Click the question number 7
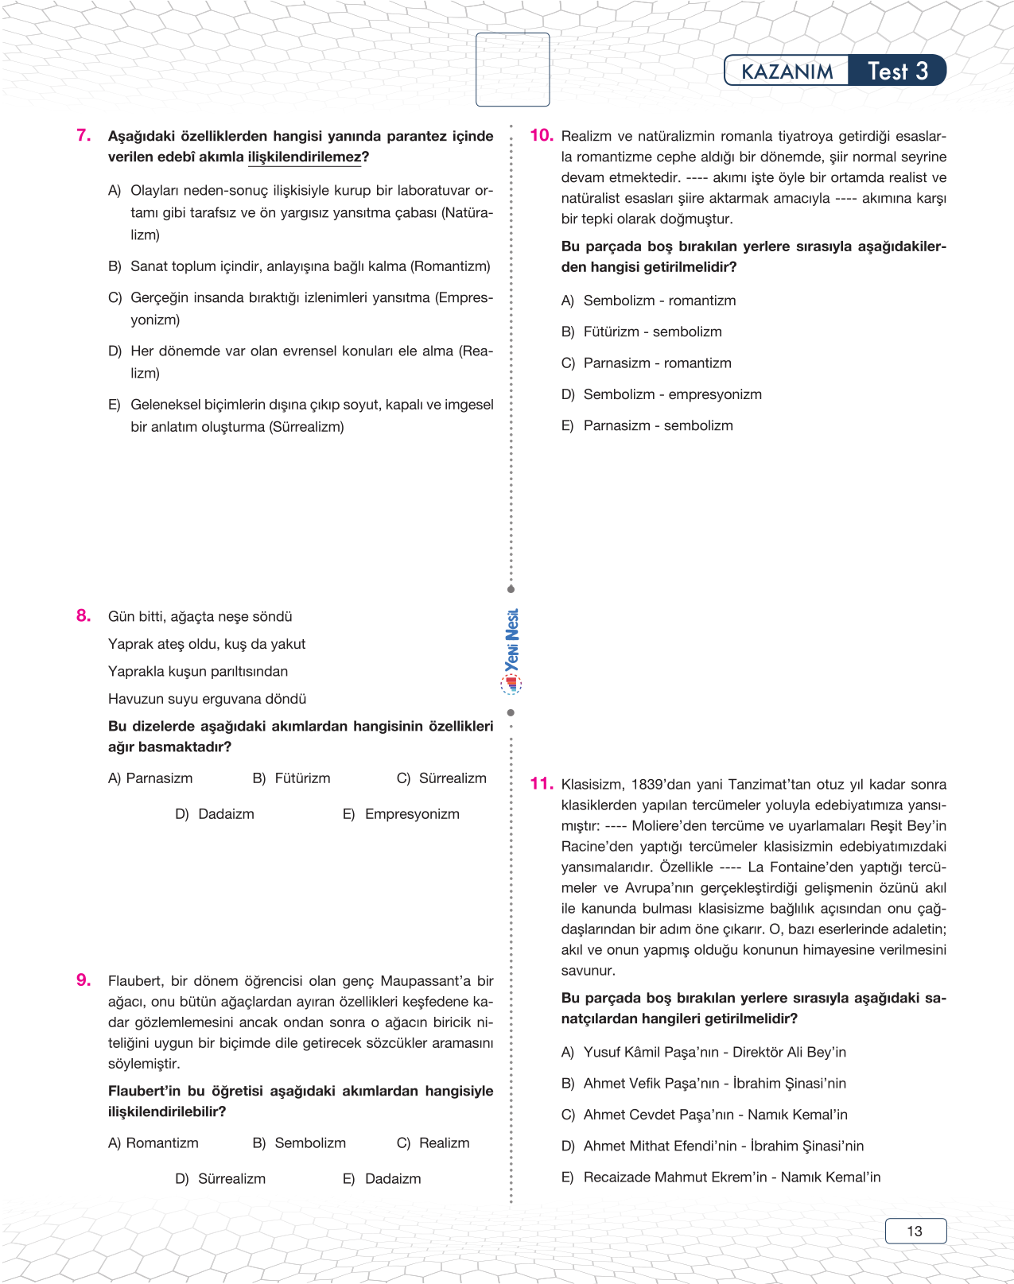point(84,136)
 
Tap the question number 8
point(84,616)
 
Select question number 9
point(84,980)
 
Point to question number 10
point(541,136)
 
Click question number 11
point(541,784)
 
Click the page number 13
point(915,1232)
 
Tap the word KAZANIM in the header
point(787,72)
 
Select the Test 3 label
point(897,72)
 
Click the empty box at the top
point(512,69)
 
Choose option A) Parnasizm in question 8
point(150,778)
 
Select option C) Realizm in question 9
point(433,1143)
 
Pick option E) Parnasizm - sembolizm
point(647,426)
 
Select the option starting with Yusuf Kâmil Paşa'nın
point(704,1053)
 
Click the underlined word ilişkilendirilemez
point(304,157)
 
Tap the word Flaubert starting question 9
point(135,981)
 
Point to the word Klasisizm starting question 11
point(592,785)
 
